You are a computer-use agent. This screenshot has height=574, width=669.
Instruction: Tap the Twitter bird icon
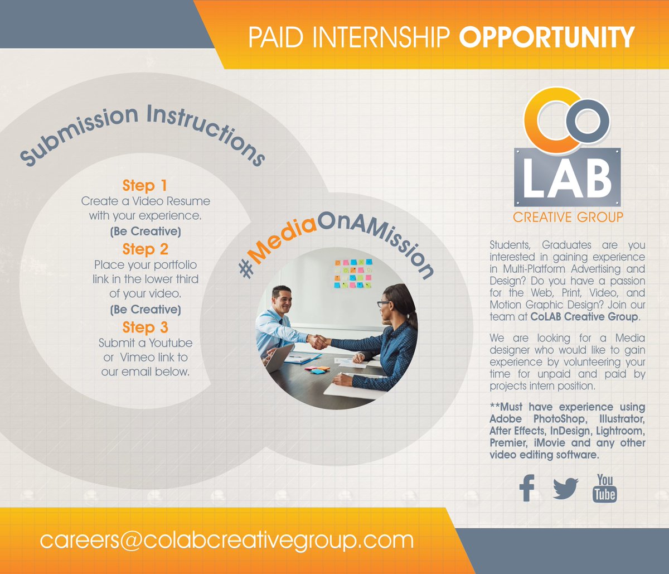(x=565, y=489)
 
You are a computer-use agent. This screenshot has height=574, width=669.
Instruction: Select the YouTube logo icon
(x=605, y=488)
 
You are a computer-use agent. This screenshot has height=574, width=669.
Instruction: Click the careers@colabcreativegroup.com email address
(x=226, y=540)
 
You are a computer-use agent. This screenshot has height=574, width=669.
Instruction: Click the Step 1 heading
(x=144, y=185)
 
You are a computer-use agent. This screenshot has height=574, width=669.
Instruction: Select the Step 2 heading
(x=145, y=249)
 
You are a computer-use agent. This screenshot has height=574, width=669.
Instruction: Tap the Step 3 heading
(x=145, y=327)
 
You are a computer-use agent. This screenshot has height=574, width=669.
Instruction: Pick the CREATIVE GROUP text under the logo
(x=568, y=217)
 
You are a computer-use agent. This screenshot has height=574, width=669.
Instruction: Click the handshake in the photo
(x=318, y=341)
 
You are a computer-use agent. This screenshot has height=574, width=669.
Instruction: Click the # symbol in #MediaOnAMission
(x=246, y=269)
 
